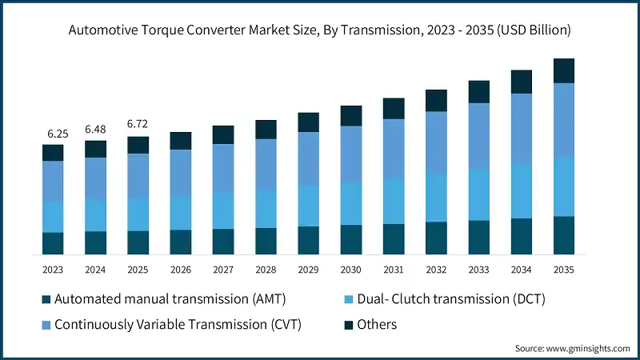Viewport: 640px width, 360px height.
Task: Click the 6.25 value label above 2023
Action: click(x=53, y=133)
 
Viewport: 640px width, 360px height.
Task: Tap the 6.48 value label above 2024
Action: click(x=95, y=129)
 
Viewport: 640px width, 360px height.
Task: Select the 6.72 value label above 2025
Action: click(x=138, y=124)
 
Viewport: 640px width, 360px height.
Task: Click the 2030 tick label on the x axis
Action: click(x=351, y=270)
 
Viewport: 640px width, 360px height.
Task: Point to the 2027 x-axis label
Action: click(x=223, y=270)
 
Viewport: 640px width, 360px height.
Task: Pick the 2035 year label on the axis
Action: click(x=564, y=270)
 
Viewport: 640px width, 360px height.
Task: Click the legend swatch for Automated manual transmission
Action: click(x=46, y=299)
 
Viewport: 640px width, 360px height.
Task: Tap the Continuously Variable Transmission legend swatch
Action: click(x=46, y=325)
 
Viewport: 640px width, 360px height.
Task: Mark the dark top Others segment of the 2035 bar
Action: click(x=564, y=70)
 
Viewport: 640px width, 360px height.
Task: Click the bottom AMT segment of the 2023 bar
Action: click(x=53, y=243)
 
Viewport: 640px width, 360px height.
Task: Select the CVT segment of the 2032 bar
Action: click(x=436, y=142)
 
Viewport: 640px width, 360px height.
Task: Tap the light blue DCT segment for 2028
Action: click(x=266, y=209)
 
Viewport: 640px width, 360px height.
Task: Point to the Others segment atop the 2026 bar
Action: click(x=181, y=141)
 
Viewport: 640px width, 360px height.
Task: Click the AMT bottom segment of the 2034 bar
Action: click(x=522, y=236)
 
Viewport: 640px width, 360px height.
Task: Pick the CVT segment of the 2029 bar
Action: click(x=309, y=158)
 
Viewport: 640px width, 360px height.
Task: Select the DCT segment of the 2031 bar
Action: click(x=394, y=200)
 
